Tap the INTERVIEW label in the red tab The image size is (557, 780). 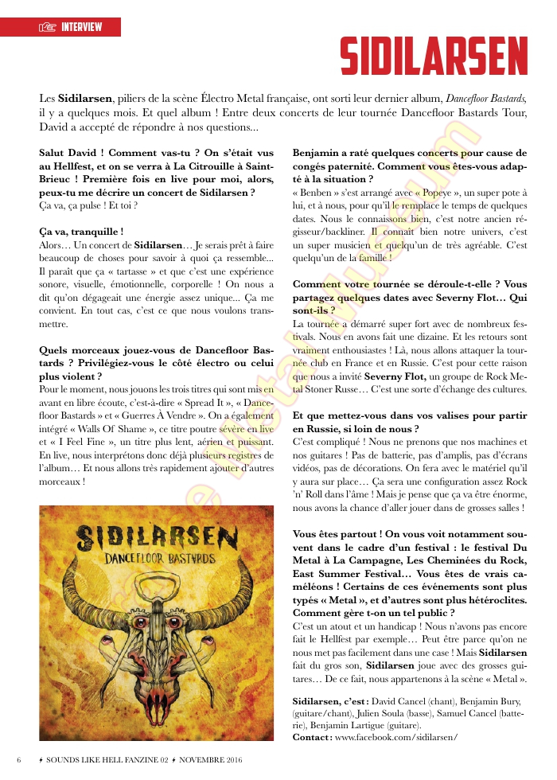[x=82, y=27]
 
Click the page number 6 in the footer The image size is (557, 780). [x=18, y=759]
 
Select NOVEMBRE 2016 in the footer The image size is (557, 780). [x=208, y=759]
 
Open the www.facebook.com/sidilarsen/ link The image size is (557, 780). [x=395, y=737]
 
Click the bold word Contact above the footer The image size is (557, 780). [x=311, y=737]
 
